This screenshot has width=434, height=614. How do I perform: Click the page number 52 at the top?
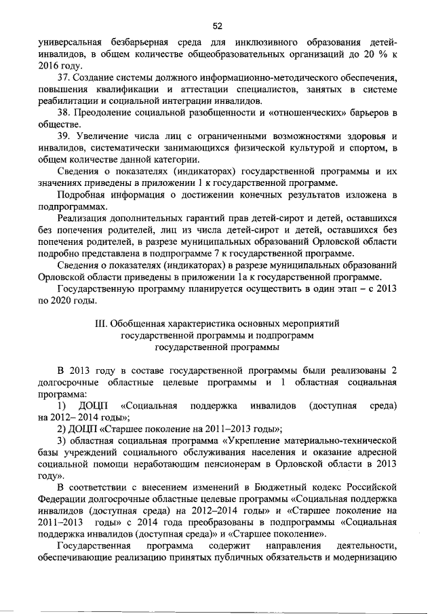[217, 26]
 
